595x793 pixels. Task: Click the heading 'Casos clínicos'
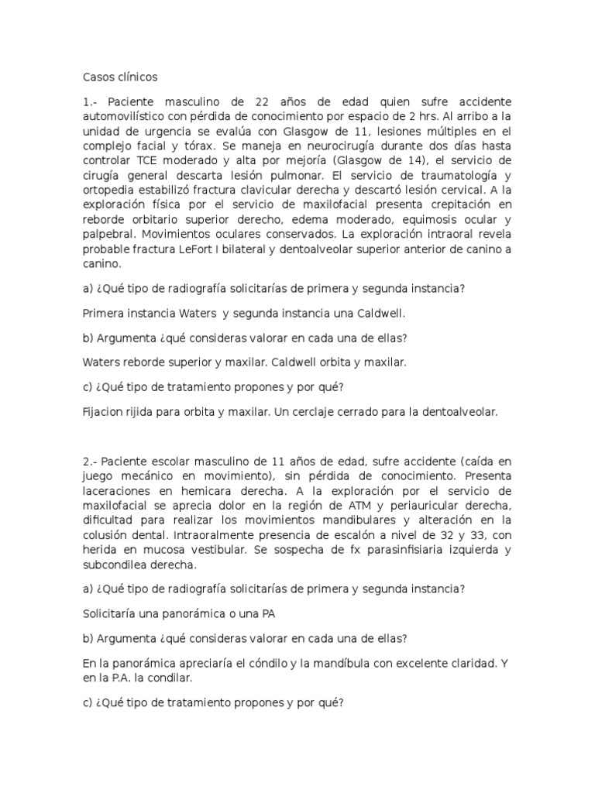(120, 77)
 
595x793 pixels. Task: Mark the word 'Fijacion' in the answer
(104, 413)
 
